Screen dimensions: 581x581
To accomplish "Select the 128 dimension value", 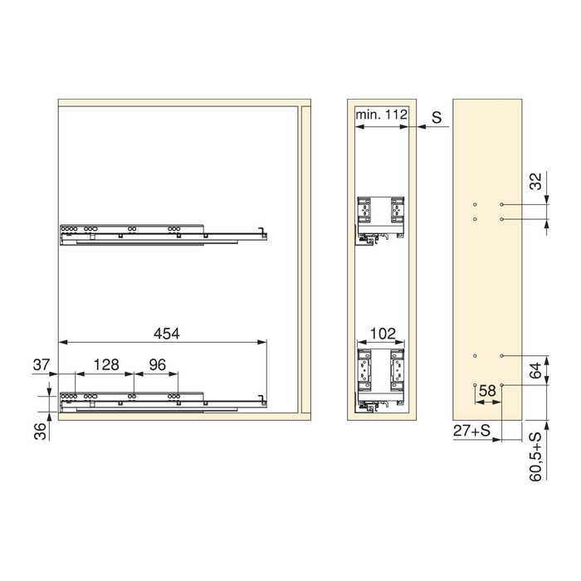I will (106, 364).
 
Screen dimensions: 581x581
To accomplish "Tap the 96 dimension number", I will (157, 364).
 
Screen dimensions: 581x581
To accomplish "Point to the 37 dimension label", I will (41, 364).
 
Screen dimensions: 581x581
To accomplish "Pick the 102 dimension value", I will (381, 334).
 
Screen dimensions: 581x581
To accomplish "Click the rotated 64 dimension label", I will (535, 368).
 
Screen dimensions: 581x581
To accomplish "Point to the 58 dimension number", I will (488, 390).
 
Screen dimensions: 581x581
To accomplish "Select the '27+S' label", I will (471, 432).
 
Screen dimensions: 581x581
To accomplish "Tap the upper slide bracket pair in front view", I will (380, 217).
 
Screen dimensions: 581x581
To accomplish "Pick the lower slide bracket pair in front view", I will (380, 378).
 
